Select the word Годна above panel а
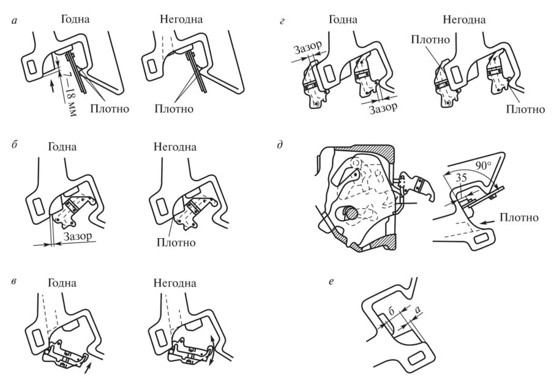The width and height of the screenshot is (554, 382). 75,19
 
